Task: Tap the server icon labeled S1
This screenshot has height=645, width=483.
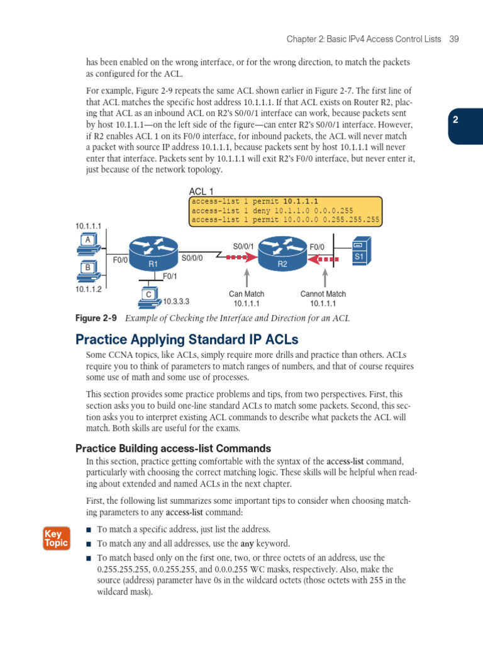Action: point(360,251)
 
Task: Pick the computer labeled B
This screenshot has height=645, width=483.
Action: point(87,270)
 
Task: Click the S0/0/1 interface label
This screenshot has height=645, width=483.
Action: point(243,246)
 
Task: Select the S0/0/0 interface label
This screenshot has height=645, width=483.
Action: point(192,258)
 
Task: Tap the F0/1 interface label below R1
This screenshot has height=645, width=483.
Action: point(170,276)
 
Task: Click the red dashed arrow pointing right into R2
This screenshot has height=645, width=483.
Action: point(243,257)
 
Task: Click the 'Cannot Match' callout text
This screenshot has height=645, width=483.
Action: point(323,294)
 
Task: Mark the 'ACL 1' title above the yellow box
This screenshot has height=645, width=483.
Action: point(201,191)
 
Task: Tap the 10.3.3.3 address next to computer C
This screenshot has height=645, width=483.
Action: point(176,301)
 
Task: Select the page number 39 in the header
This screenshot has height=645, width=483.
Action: point(454,39)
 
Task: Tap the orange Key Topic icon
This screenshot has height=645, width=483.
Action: point(56,538)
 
